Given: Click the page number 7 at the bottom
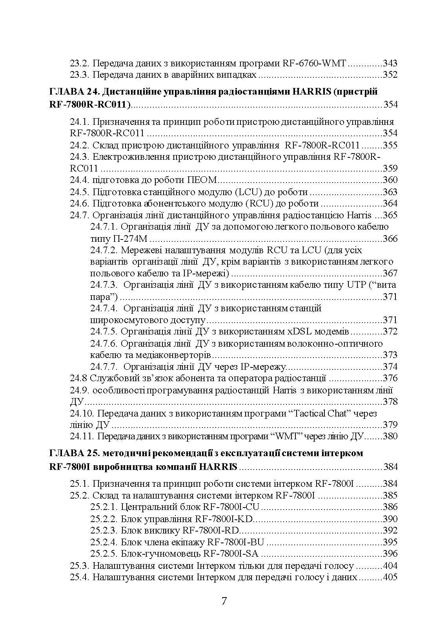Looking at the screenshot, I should pos(224,601).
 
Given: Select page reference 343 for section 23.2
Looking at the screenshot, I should pos(390,63).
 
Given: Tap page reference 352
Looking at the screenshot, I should pos(390,75).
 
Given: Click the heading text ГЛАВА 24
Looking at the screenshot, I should pos(73,92).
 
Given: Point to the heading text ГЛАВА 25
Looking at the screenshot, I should pos(73,453).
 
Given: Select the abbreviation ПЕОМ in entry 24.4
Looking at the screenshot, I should pos(202,180).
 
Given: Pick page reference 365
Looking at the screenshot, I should pos(390,215).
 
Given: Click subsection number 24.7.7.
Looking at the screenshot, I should pos(104,367).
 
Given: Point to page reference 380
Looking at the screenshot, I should pos(390,436).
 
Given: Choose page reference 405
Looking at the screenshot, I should pos(390,577).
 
